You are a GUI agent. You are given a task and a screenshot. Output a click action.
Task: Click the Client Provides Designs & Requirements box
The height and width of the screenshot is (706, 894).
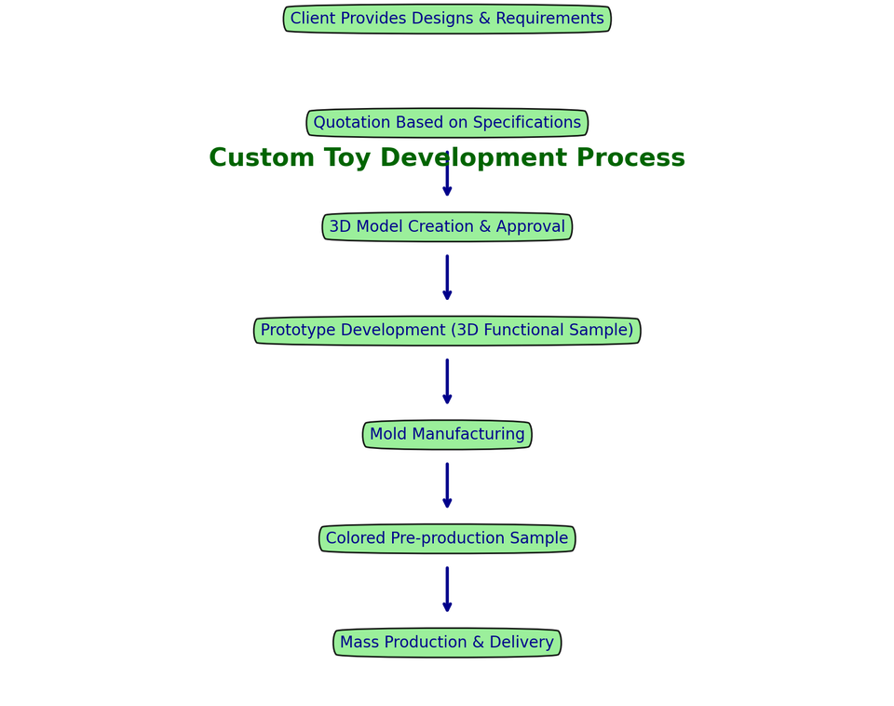pos(447,20)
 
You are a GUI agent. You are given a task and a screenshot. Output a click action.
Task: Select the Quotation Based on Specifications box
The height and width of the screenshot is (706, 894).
pos(447,123)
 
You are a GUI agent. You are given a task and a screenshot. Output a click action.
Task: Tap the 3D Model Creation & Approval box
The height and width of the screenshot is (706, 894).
pos(447,227)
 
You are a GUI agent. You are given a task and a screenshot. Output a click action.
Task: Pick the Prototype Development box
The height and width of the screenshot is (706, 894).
pos(447,331)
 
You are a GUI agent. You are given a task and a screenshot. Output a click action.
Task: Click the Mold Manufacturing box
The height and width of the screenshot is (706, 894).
pos(447,435)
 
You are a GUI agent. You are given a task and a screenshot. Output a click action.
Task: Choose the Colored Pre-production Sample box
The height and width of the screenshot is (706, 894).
pos(447,539)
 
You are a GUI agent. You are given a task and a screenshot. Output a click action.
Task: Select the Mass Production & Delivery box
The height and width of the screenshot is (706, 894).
pos(447,643)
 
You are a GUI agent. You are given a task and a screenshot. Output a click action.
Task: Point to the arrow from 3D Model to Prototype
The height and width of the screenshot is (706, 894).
pos(447,278)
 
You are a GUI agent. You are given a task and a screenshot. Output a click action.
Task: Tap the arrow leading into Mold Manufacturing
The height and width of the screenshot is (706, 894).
pos(447,382)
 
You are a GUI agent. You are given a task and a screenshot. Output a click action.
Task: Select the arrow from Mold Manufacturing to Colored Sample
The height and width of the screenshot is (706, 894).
pos(447,485)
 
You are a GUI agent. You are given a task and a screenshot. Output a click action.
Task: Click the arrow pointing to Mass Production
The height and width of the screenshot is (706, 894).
pos(447,590)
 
